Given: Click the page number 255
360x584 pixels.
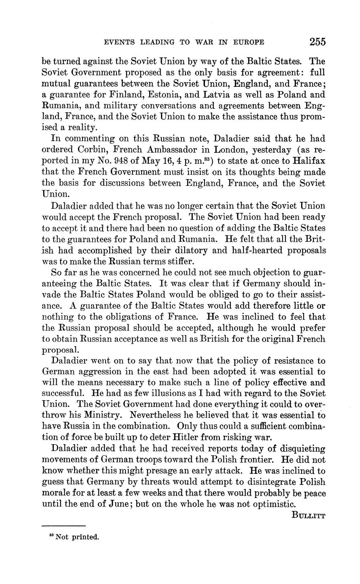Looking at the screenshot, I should pos(317,42).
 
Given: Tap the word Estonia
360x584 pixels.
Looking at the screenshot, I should pos(163,94).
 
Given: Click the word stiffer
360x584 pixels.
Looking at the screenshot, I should pos(169,261).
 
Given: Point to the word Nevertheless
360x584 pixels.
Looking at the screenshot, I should pos(159,416).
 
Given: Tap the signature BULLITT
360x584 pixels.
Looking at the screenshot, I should pos(308,515).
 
